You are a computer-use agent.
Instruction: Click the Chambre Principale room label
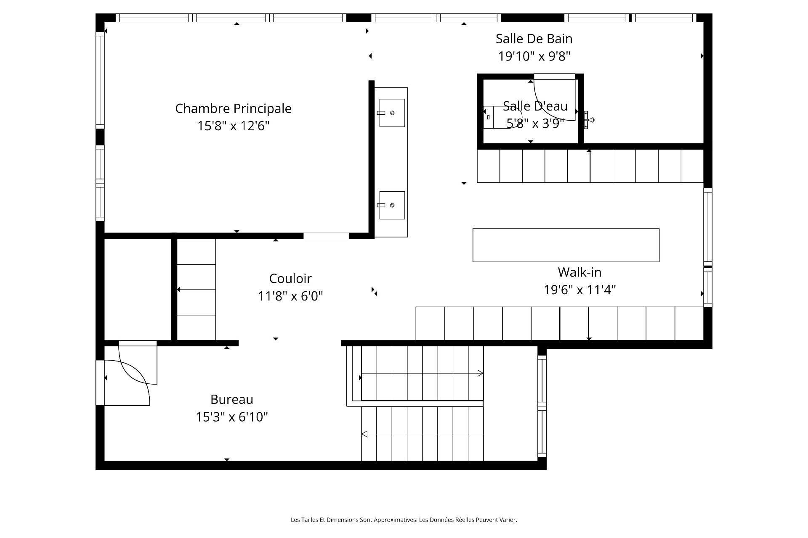[233, 108]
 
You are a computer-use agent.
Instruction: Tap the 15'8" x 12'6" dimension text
[233, 126]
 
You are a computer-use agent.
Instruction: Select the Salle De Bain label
[534, 39]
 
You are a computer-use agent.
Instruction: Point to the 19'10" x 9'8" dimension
[534, 56]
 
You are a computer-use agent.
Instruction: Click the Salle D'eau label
[535, 106]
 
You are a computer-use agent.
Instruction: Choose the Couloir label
[290, 279]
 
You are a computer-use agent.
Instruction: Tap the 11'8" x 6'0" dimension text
[290, 296]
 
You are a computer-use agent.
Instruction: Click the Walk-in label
[579, 272]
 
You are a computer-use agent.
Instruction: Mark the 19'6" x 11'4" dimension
[579, 290]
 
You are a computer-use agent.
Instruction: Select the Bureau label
[232, 399]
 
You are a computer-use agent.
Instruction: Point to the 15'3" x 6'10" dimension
[232, 417]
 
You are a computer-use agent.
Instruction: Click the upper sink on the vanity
[392, 113]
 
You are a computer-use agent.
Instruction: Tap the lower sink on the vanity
[392, 205]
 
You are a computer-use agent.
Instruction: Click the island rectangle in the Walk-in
[566, 245]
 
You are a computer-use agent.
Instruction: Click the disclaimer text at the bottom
[404, 520]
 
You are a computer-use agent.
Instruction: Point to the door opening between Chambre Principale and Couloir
[326, 236]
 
